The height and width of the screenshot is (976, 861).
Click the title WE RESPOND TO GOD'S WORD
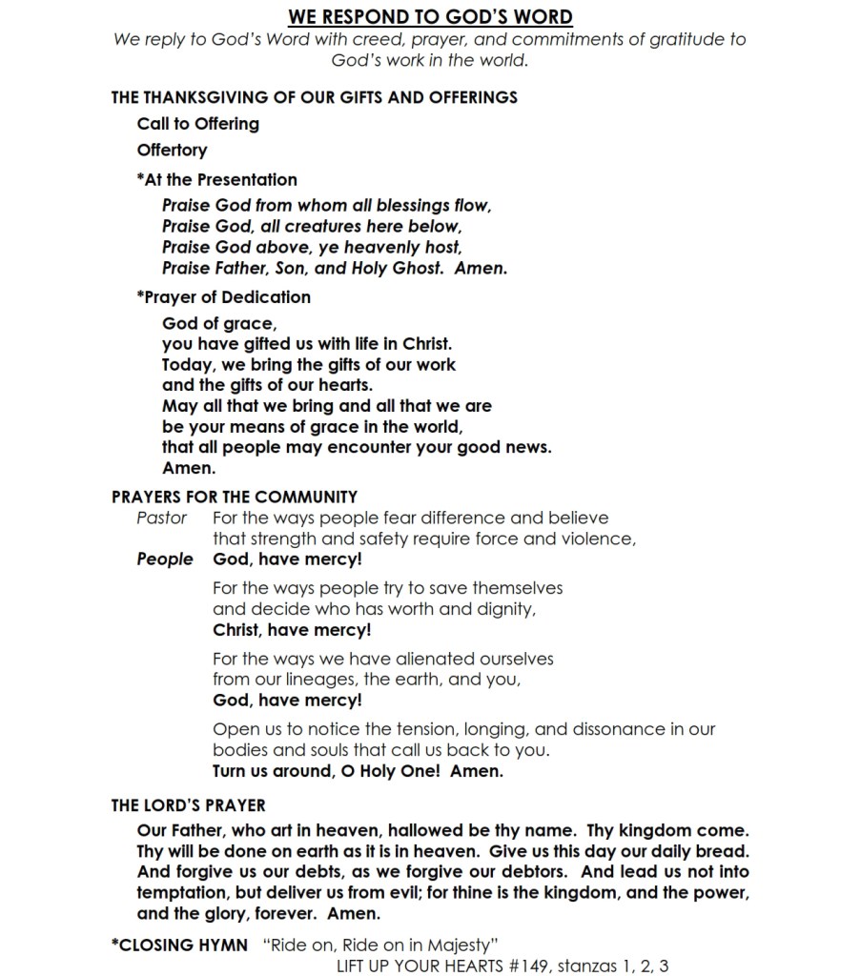(430, 16)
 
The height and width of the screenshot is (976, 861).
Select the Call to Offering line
(197, 124)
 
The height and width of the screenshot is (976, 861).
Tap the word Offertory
(172, 151)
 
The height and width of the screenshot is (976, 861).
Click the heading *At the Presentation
(216, 179)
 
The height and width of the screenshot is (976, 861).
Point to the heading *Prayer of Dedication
(223, 296)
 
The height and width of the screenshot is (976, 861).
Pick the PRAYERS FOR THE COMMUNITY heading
(235, 497)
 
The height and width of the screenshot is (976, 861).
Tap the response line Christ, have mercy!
(292, 630)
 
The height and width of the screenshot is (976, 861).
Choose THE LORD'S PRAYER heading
(188, 806)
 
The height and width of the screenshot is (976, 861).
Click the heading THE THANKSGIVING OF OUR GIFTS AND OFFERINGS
(315, 96)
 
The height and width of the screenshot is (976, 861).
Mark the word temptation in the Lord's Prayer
(186, 893)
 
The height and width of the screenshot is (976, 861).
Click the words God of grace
(219, 323)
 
